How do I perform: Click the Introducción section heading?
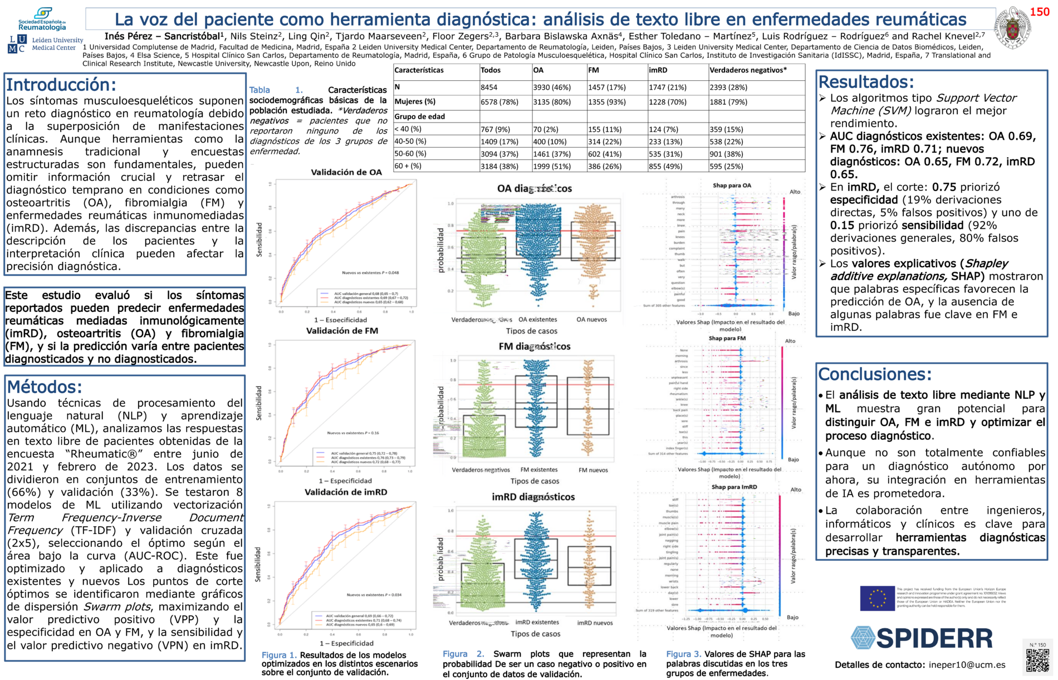[x=61, y=85]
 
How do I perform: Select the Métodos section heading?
[x=45, y=387]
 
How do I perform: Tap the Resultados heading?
[x=866, y=82]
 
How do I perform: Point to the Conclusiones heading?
[x=874, y=374]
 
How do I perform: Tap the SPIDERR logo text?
[x=922, y=638]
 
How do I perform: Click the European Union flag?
[x=877, y=598]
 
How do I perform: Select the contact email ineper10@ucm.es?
[x=967, y=664]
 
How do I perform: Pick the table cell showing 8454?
[x=490, y=87]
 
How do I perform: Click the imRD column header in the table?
[x=658, y=70]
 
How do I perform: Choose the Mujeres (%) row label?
[x=415, y=102]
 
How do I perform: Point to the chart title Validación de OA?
[x=346, y=173]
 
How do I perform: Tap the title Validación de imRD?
[x=345, y=492]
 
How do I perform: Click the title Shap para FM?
[x=727, y=338]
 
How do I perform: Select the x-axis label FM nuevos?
[x=593, y=470]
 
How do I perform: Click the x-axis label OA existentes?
[x=537, y=320]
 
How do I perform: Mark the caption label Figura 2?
[x=463, y=654]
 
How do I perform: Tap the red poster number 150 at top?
[x=1040, y=12]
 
